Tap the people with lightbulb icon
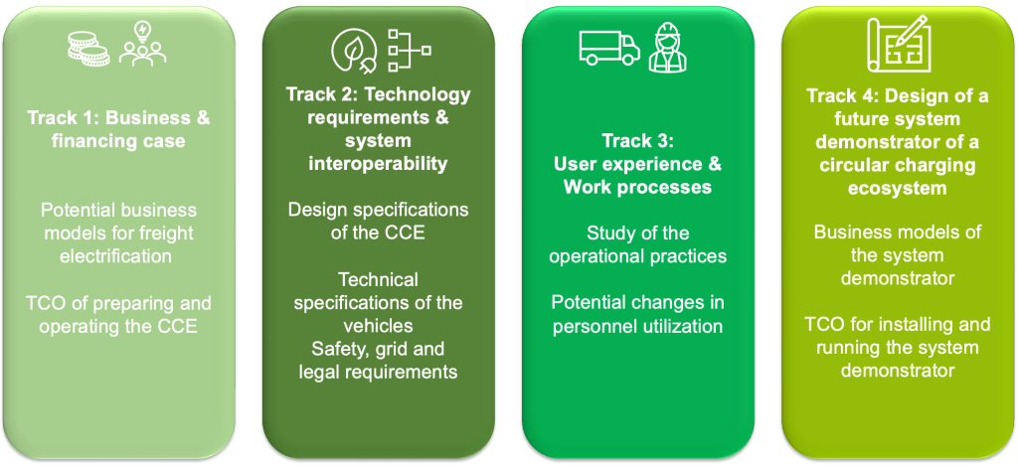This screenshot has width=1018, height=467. [x=142, y=44]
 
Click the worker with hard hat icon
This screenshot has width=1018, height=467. [x=668, y=47]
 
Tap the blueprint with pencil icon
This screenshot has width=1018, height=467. [x=899, y=43]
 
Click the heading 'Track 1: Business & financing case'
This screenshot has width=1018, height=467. [x=119, y=130]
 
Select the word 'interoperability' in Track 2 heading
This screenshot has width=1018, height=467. [x=378, y=163]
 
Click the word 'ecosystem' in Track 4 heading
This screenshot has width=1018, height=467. [x=898, y=188]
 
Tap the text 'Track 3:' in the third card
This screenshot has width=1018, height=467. [x=638, y=141]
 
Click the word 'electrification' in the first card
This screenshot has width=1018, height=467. [x=116, y=255]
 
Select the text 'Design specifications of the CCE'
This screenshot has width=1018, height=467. [x=378, y=221]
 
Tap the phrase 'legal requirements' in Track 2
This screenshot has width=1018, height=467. [x=378, y=372]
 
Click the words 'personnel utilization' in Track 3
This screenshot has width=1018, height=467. [x=637, y=325]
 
